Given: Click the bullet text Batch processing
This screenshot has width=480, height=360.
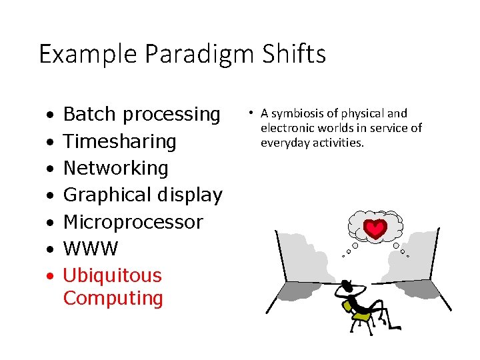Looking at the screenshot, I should click(141, 115).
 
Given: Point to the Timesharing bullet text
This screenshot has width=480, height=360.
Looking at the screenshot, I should click(119, 141).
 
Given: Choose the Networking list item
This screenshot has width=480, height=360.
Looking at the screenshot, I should click(115, 168).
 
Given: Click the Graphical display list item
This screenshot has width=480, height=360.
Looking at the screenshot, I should click(142, 195).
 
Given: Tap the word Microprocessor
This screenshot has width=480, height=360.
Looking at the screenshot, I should click(133, 221).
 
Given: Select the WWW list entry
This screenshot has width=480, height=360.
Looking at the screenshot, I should click(91, 249).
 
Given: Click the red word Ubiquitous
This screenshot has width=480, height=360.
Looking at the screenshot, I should click(112, 275).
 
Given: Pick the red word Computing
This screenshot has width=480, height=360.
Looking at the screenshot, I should click(113, 298).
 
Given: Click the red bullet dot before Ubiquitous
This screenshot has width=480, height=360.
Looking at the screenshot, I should click(50, 275).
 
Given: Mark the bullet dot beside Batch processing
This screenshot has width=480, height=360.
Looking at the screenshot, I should click(50, 115).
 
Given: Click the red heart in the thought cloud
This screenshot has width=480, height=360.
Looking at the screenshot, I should click(377, 229).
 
